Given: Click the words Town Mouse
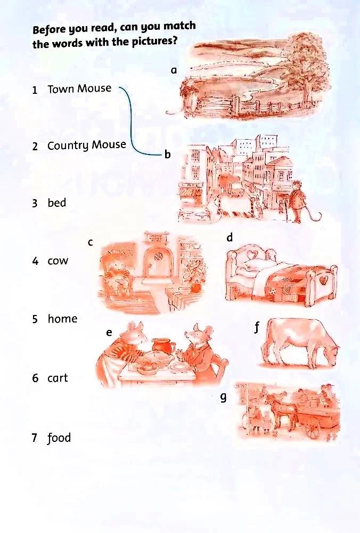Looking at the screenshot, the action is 79,88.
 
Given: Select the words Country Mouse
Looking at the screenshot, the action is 87,146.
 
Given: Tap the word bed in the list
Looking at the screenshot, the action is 57,203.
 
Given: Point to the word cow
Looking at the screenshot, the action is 58,261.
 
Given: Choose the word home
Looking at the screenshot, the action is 62,319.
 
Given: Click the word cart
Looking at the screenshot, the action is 58,378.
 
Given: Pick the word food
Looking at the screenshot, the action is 59,438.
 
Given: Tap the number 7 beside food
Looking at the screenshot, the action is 34,438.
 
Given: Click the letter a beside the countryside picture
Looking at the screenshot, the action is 174,70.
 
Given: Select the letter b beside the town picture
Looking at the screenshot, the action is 167,155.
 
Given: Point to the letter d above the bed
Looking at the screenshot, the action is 230,237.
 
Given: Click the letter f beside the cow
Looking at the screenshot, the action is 257,328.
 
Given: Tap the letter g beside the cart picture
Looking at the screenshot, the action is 223,397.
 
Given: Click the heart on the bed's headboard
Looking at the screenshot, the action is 251,254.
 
